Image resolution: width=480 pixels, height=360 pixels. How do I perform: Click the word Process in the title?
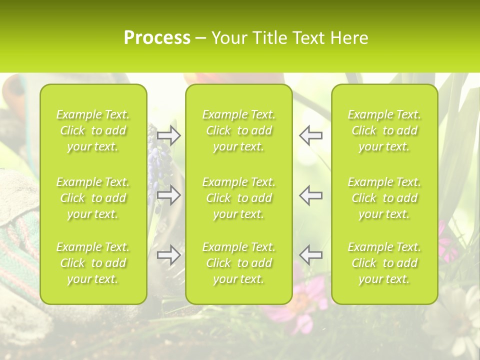tap(157, 38)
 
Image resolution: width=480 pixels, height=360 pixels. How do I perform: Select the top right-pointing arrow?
tap(168, 135)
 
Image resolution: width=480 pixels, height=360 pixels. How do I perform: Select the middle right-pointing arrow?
tap(168, 195)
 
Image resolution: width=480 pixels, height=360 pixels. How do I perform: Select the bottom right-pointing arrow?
tap(168, 255)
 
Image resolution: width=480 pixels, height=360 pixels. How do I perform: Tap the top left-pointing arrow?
tap(310, 135)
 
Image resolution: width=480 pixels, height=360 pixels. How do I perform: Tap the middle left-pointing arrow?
tap(310, 195)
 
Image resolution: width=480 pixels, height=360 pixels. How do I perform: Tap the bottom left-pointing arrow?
tap(310, 255)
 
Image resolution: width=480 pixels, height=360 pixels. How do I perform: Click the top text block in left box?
tap(93, 130)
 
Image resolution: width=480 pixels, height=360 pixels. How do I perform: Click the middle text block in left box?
tap(93, 198)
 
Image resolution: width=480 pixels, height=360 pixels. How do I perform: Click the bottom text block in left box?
tap(93, 263)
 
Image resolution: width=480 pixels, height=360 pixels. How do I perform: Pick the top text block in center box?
tap(238, 130)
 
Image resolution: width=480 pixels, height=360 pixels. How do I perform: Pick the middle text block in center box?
tap(238, 198)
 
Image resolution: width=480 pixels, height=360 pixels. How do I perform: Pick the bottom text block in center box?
tap(238, 263)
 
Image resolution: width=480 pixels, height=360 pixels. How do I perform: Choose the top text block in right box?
tap(384, 130)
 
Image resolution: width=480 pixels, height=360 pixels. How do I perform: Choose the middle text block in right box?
tap(384, 198)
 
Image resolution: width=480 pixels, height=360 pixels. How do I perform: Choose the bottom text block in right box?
tap(384, 263)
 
